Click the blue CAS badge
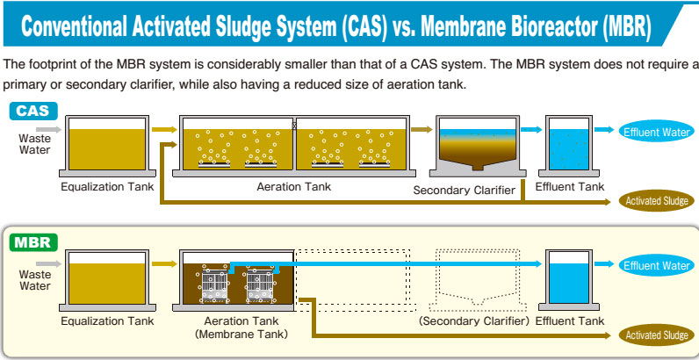(33, 111)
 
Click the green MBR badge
(33, 243)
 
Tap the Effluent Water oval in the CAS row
(656, 132)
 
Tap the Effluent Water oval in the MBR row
(656, 265)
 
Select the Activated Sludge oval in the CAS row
(656, 201)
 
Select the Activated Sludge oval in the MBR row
(656, 335)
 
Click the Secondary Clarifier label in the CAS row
(464, 191)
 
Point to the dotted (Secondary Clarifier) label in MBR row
(474, 320)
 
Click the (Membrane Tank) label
(241, 334)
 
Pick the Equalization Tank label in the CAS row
(107, 186)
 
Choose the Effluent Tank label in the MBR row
(570, 320)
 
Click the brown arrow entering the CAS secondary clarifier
(422, 130)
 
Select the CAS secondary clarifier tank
(478, 146)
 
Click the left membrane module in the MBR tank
(214, 285)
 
